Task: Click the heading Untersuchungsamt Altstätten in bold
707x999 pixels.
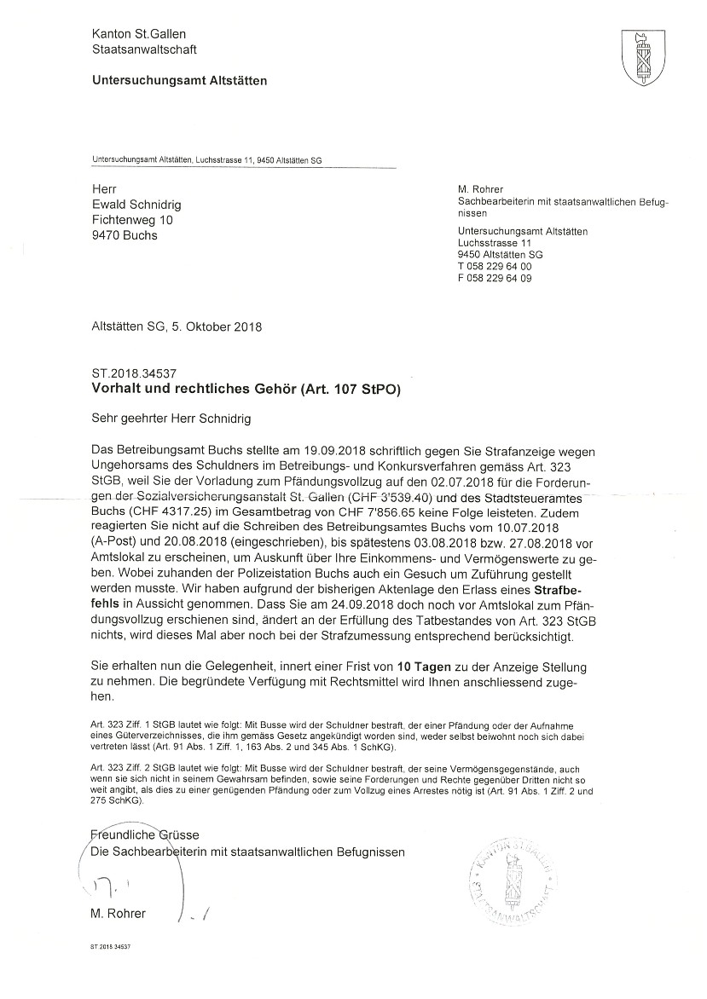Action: (x=179, y=81)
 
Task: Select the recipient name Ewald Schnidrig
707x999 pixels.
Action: (x=136, y=205)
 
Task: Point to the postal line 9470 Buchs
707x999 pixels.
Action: (x=125, y=235)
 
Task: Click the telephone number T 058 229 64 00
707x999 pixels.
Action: (x=494, y=267)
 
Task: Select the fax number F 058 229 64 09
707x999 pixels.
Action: (x=494, y=279)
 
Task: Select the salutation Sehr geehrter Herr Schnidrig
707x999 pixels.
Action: (x=171, y=419)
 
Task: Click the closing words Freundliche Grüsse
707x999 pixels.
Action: (x=144, y=834)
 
